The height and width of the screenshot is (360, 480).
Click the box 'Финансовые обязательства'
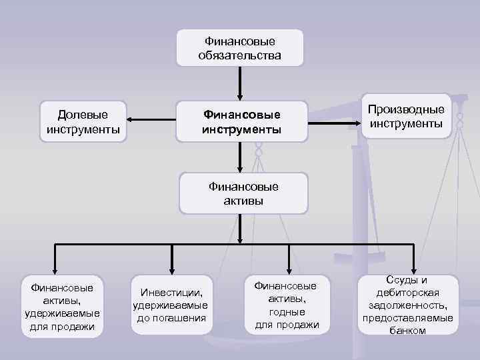click(x=239, y=48)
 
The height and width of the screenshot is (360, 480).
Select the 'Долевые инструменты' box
click(x=83, y=121)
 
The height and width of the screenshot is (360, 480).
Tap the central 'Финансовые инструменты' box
click(x=242, y=121)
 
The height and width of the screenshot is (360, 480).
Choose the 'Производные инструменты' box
click(x=406, y=117)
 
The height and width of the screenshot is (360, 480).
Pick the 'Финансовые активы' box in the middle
click(x=243, y=193)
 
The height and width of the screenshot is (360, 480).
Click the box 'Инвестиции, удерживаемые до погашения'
click(x=171, y=305)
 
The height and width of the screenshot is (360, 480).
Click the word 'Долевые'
click(x=83, y=114)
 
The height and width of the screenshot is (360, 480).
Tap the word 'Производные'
click(x=406, y=110)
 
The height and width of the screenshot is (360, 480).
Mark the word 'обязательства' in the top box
click(x=239, y=55)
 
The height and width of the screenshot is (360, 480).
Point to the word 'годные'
click(x=287, y=311)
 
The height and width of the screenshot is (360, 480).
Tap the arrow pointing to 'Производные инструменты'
click(x=336, y=122)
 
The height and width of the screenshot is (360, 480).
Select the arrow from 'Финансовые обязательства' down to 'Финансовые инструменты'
click(x=239, y=83)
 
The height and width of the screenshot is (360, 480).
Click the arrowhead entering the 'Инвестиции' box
click(x=172, y=269)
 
